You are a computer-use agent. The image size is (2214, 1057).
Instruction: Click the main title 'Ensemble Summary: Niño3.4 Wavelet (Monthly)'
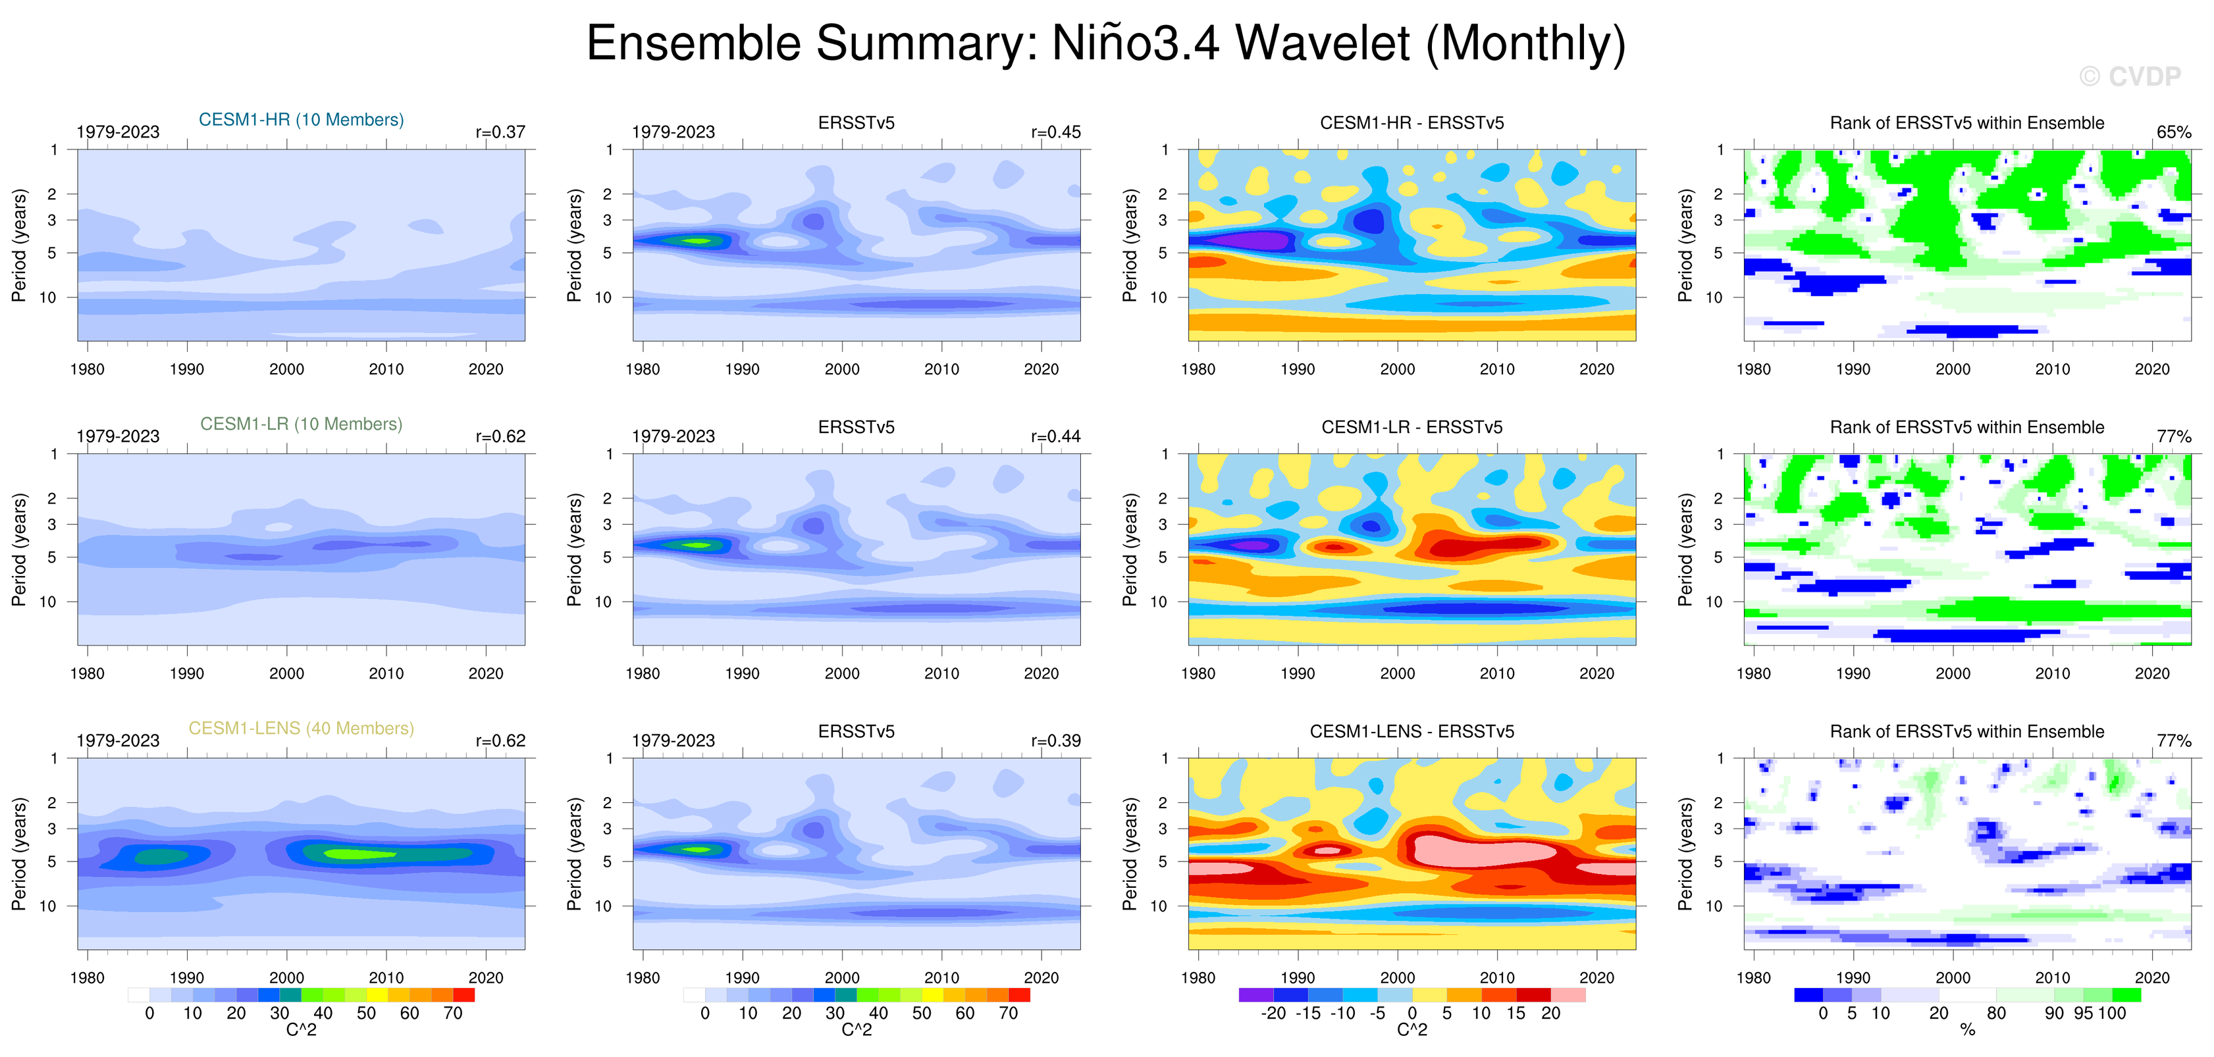coord(1105,43)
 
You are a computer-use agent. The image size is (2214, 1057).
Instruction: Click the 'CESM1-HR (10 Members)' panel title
coord(301,119)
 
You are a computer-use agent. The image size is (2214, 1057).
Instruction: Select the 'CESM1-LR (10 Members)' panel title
coord(301,424)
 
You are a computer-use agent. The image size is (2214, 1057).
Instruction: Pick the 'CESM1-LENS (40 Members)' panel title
coord(301,728)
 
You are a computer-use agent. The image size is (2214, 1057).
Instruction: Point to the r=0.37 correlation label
coord(500,132)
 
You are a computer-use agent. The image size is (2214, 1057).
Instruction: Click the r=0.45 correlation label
coord(1055,132)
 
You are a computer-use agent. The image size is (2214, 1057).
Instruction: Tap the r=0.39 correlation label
coord(1055,741)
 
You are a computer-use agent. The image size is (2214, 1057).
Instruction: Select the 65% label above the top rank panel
coord(2174,132)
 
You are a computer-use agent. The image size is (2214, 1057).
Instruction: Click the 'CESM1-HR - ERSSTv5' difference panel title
coord(1411,123)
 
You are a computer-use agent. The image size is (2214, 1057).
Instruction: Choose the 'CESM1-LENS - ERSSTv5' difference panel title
coord(1411,731)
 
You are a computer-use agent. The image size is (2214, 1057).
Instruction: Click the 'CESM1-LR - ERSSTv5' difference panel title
coord(1411,427)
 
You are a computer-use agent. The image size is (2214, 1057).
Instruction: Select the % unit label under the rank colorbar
coord(1967,1031)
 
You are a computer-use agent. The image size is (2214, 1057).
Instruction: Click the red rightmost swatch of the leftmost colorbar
coord(464,995)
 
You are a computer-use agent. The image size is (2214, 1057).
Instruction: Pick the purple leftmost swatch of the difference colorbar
coord(1255,995)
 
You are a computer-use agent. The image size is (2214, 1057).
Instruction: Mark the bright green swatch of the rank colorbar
coord(2126,995)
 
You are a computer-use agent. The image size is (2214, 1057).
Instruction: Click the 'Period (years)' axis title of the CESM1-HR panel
coord(19,245)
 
